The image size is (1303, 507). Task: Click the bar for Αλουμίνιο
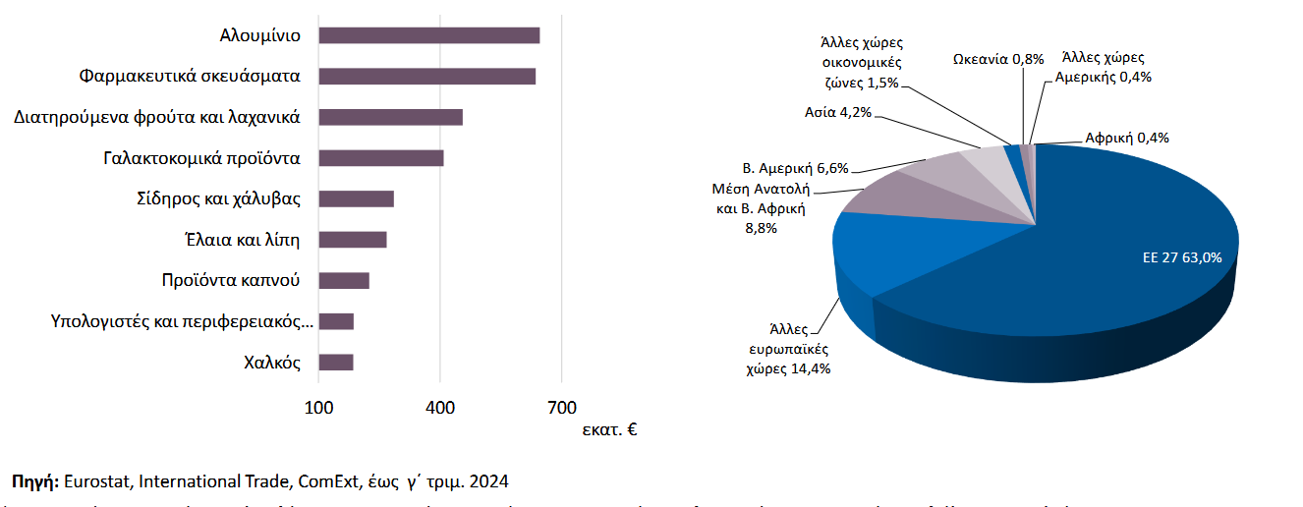coord(429,35)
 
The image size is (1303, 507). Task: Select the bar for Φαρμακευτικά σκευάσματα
coord(427,77)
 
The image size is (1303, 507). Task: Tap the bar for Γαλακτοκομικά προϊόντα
coord(381,158)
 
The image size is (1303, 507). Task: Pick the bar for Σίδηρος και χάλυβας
coord(357,199)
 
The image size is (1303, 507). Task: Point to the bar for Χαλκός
coord(336,363)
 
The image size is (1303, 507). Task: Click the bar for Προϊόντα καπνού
coord(344,281)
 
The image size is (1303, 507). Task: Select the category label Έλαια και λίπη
coord(241,240)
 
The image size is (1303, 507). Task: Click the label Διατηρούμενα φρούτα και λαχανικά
coord(157,117)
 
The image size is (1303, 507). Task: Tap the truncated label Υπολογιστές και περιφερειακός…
coord(182,321)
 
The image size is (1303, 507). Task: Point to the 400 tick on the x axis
coord(440,406)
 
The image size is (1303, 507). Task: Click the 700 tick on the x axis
coord(561,406)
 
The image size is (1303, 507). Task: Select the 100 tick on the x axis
coord(318,406)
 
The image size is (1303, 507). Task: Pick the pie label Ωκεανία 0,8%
coord(998,59)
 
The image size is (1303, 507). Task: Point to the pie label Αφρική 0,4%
coord(1126,138)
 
